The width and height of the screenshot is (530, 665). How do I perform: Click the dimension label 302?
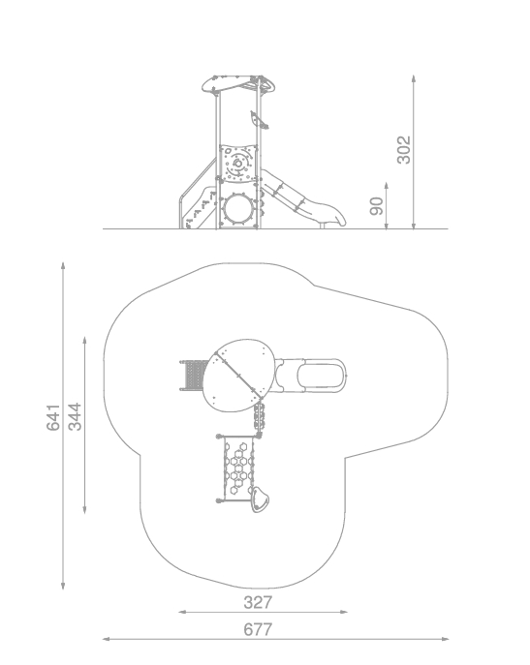coord(404,150)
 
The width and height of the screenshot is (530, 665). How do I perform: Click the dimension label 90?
coord(377,206)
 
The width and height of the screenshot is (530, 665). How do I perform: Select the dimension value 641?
coord(53,417)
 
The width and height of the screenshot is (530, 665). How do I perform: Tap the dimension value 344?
coord(75,417)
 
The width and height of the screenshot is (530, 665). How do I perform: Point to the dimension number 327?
coord(258,602)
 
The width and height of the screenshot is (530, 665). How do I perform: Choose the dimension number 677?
coord(258,629)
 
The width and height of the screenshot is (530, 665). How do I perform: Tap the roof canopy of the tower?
coord(238,84)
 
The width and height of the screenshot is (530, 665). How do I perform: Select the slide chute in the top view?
coord(310,376)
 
